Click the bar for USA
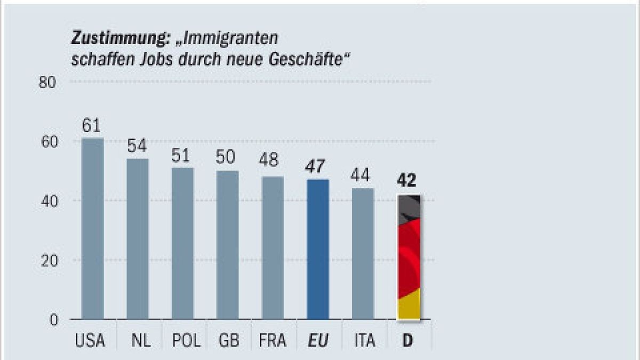tap(92, 229)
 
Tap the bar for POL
tap(182, 244)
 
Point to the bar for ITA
tap(363, 254)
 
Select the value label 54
tap(137, 146)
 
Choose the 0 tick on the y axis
tap(52, 319)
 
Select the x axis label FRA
tap(273, 340)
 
